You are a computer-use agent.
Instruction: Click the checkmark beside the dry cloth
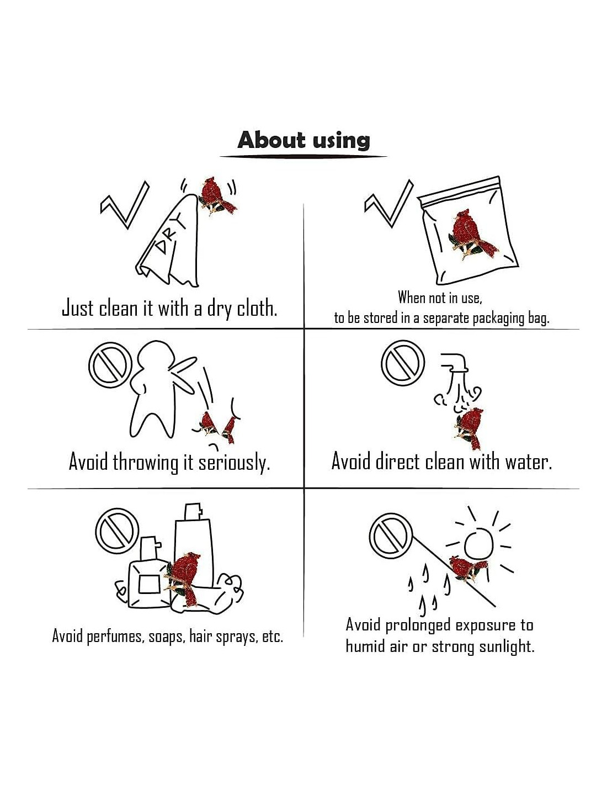coord(124,205)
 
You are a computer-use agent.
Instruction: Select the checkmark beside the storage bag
coord(388,203)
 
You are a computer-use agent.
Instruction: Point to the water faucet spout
coord(455,363)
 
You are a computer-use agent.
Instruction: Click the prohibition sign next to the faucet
coord(403,362)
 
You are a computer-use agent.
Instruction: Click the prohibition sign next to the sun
coord(391,537)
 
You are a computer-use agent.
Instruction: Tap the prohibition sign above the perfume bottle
coord(117,531)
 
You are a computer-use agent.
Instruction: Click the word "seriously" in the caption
coord(234,462)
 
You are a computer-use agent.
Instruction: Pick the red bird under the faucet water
coord(470,428)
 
